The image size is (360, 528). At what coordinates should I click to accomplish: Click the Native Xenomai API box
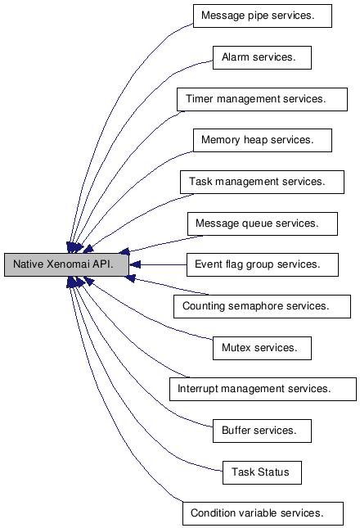(x=66, y=264)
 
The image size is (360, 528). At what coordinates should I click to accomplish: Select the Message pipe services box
(x=263, y=16)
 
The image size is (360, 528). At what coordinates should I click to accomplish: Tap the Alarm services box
(x=262, y=57)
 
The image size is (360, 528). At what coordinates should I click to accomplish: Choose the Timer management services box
(x=262, y=99)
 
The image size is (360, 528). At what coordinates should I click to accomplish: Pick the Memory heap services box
(x=263, y=140)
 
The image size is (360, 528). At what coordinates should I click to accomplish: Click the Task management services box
(x=262, y=183)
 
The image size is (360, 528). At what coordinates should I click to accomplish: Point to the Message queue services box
(x=263, y=224)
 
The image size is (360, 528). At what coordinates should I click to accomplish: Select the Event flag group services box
(x=263, y=265)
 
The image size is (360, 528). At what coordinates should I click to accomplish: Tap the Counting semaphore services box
(x=262, y=306)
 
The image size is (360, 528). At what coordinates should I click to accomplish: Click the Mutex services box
(x=262, y=348)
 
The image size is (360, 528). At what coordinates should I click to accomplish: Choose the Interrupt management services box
(x=263, y=390)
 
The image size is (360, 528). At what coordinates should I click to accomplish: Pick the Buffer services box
(x=262, y=431)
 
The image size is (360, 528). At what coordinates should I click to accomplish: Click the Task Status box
(x=262, y=473)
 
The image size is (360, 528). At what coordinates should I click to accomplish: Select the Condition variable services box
(x=263, y=513)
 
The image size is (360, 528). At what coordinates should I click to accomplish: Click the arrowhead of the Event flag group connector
(x=134, y=265)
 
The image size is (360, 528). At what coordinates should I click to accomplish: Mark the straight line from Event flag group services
(x=164, y=265)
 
